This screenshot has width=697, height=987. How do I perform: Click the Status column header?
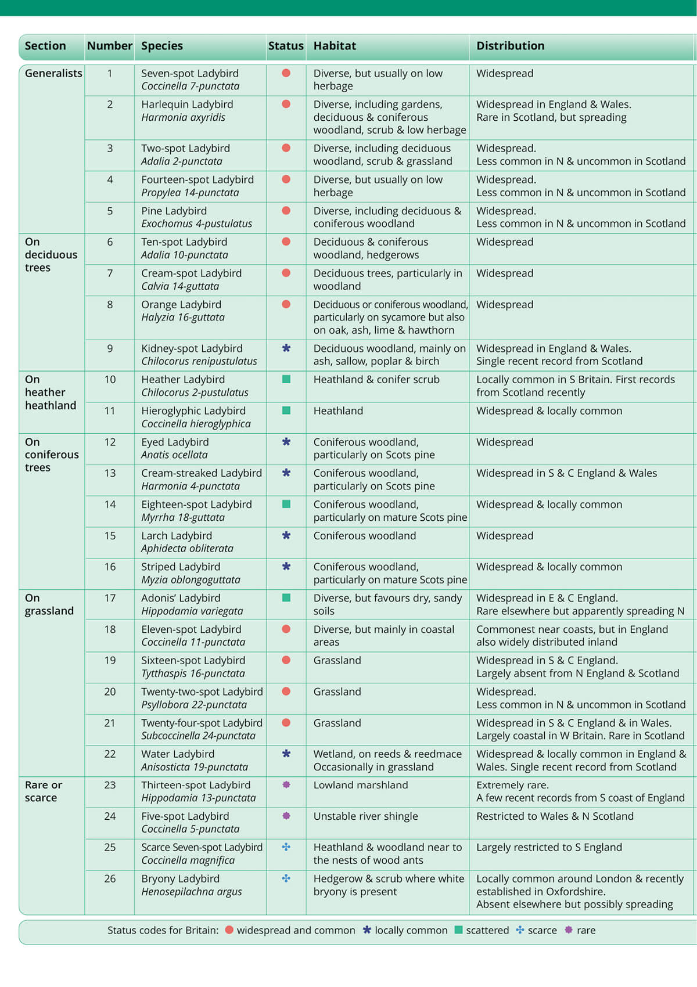[x=286, y=46]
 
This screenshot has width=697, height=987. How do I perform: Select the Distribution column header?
[x=510, y=46]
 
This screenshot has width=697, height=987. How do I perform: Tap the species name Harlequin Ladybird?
[x=187, y=105]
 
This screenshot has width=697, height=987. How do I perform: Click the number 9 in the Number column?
[x=110, y=348]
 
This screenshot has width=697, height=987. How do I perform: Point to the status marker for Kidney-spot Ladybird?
[x=286, y=348]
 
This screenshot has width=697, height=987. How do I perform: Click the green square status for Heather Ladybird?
[x=286, y=379]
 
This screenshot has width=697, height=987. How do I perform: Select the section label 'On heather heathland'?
[x=50, y=392]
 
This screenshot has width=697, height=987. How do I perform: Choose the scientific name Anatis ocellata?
[x=174, y=455]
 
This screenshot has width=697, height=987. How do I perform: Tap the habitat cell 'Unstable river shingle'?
[x=365, y=816]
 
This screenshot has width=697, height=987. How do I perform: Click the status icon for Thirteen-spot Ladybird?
[x=286, y=785]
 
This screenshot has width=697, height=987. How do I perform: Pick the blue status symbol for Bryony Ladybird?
[x=286, y=878]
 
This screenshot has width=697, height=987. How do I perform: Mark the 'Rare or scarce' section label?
[x=43, y=791]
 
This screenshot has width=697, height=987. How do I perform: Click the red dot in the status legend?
[x=229, y=930]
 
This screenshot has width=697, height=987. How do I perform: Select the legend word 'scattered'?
[x=487, y=930]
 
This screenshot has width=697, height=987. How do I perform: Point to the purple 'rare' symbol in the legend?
[x=569, y=930]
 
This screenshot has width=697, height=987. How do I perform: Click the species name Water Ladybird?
[x=178, y=754]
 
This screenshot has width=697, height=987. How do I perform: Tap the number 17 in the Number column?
[x=110, y=598]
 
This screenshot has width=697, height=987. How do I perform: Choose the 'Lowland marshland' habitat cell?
[x=361, y=785]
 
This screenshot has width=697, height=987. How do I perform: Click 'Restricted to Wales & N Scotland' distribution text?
[x=555, y=816]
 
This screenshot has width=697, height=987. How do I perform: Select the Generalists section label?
[x=53, y=74]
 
